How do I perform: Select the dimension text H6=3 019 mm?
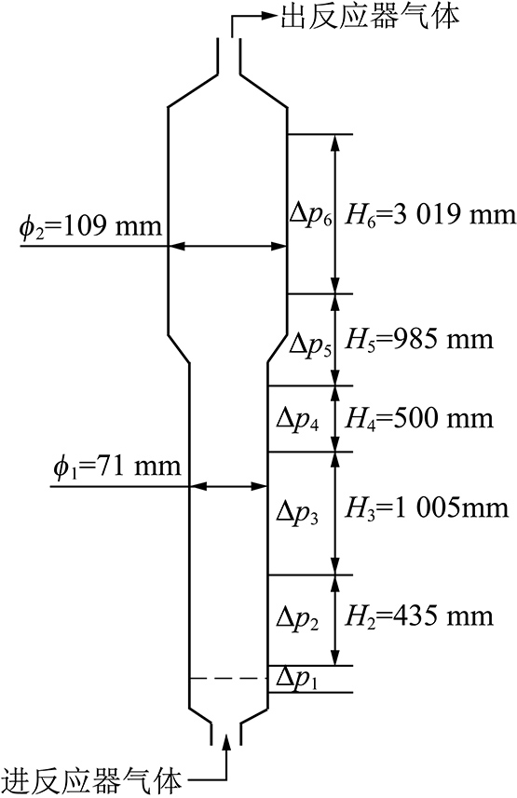click(430, 215)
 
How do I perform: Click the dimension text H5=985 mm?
click(419, 340)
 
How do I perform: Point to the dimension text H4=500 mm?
click(419, 419)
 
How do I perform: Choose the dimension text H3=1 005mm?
click(427, 507)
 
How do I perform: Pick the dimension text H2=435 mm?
click(419, 616)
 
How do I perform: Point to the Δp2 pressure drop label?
click(298, 618)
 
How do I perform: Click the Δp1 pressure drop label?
click(297, 679)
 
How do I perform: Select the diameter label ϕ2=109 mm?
click(90, 225)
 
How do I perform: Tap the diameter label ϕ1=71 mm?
click(117, 467)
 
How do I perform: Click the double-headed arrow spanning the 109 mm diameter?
click(227, 247)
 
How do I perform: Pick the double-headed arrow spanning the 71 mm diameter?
click(229, 487)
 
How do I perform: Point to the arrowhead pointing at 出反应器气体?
click(268, 16)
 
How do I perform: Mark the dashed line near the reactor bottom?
click(228, 679)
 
